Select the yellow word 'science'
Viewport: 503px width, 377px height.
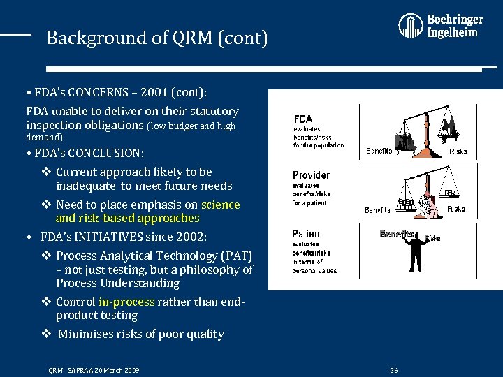(220, 205)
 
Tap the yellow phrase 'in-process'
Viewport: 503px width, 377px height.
(126, 302)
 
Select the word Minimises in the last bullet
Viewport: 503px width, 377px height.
(88, 334)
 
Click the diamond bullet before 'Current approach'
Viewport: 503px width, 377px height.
(45, 172)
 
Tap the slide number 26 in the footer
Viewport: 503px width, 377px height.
(394, 370)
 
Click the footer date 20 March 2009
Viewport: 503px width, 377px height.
(115, 370)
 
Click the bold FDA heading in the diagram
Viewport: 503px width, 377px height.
(303, 119)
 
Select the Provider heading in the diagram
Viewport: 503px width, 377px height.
(311, 175)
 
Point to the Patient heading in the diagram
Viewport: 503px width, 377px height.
(307, 234)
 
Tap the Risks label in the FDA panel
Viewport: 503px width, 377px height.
(458, 151)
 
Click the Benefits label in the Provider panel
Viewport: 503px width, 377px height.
(378, 209)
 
